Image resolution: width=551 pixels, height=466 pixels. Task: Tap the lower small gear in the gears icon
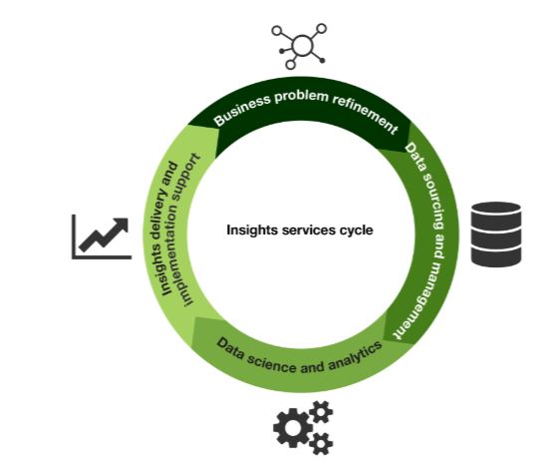[321, 443]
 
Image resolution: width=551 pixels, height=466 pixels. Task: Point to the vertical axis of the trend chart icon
[75, 235]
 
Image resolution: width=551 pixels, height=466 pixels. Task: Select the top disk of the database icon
[495, 213]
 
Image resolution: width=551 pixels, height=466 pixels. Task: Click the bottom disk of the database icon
[495, 255]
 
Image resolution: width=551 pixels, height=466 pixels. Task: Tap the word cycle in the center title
[355, 230]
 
